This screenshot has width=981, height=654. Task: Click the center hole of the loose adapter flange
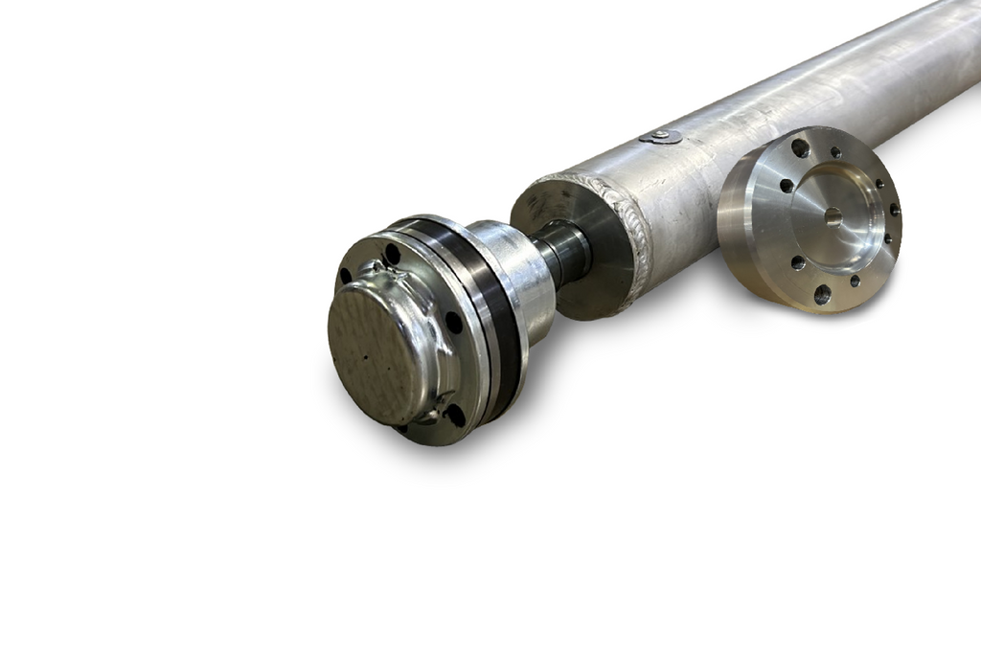tap(833, 216)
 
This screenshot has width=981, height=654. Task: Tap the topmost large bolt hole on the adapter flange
tap(800, 148)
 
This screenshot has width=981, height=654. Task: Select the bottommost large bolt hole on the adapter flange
tap(821, 294)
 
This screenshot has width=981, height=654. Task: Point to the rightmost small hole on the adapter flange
tap(894, 210)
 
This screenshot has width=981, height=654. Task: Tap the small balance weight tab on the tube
tap(661, 137)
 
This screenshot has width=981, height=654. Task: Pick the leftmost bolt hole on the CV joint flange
tap(345, 276)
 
